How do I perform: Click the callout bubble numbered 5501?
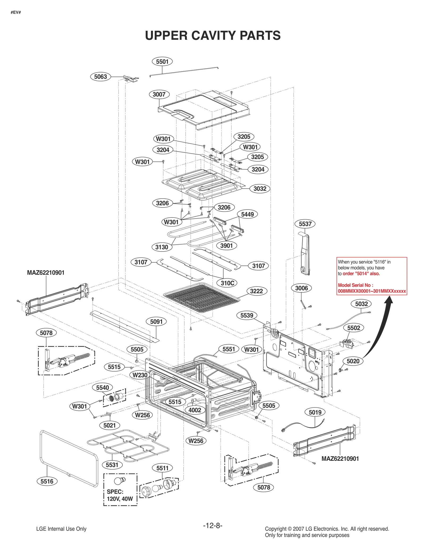click(x=162, y=62)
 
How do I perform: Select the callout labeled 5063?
click(x=100, y=77)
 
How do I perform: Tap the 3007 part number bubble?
click(x=159, y=94)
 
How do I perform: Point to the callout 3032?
click(x=260, y=189)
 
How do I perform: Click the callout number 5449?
click(x=247, y=214)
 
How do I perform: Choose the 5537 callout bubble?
click(x=305, y=224)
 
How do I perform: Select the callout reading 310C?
click(x=227, y=283)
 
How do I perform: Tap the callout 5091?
click(x=156, y=322)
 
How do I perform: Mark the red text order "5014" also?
click(x=361, y=274)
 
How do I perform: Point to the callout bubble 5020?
click(x=353, y=361)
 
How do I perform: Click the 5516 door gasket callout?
click(x=47, y=481)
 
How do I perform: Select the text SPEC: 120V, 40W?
click(x=120, y=495)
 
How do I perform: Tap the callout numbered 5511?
click(x=162, y=468)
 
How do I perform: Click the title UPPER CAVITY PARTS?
click(x=212, y=36)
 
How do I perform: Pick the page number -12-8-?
click(x=212, y=525)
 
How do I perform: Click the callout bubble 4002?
click(x=195, y=410)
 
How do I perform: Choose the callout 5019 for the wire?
click(x=315, y=412)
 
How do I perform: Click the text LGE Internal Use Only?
click(x=61, y=529)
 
